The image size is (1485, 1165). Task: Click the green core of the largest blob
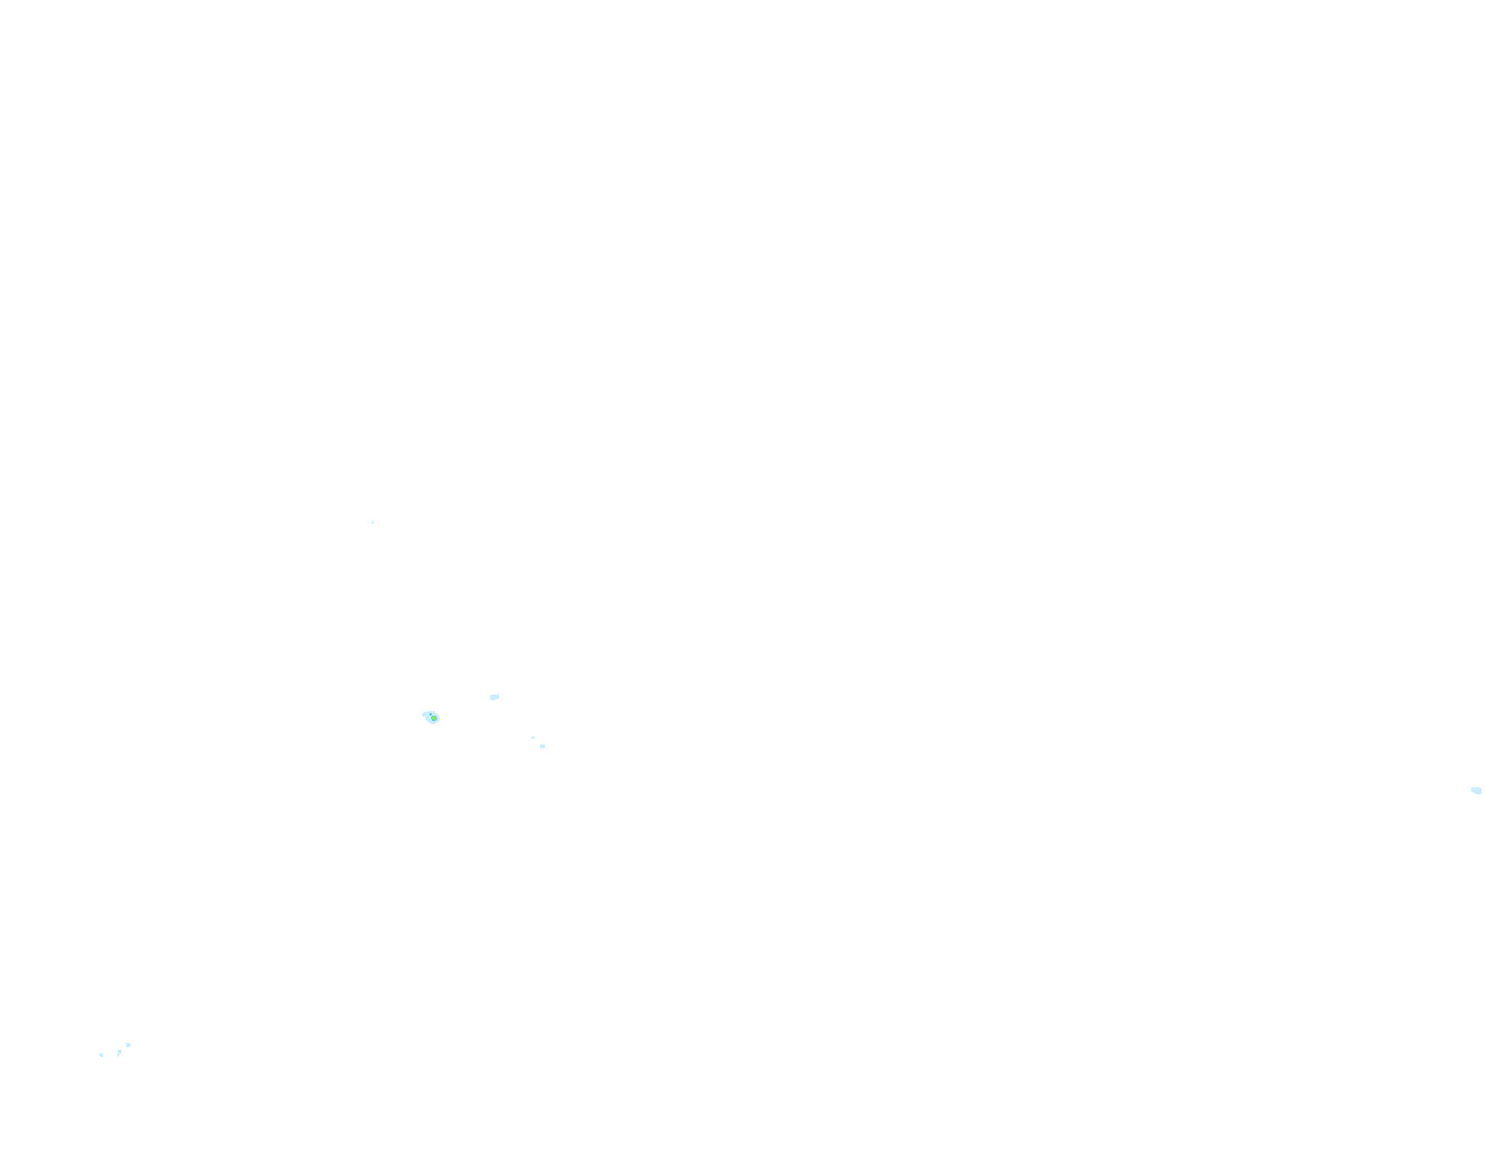433,719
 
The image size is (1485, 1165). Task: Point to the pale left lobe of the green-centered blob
425,714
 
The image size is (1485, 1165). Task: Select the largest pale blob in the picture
431,717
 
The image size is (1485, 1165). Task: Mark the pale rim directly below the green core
433,723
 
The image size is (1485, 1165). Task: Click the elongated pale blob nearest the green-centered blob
494,697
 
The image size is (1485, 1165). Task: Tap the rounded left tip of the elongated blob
491,698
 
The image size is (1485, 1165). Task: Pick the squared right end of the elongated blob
497,696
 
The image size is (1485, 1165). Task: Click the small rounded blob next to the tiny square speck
542,746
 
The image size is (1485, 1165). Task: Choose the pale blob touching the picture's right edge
1477,790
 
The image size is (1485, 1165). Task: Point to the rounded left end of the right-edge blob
1473,789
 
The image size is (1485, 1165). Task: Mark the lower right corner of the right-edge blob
1481,793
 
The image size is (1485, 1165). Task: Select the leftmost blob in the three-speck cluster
101,1055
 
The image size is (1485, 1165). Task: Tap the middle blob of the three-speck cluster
119,1051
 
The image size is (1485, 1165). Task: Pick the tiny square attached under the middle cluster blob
118,1055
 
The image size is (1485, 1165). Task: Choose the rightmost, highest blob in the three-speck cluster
128,1045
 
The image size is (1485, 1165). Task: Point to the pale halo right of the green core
438,718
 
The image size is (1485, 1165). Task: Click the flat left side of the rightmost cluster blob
126,1045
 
